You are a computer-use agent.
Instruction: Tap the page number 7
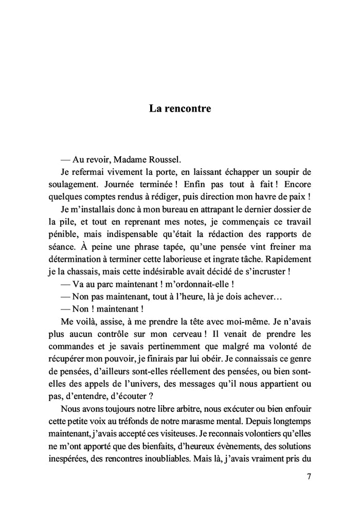click(309, 476)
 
